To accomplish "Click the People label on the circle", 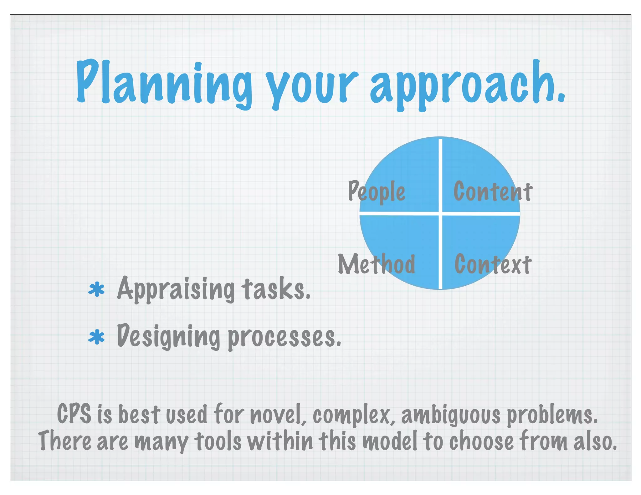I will click(377, 191).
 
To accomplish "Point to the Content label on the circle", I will click(493, 191).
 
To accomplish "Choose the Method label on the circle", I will click(377, 264).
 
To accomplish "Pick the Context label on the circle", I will click(493, 264).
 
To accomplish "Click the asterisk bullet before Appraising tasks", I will click(96, 289).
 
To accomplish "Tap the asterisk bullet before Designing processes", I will click(96, 338).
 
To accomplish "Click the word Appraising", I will click(176, 289).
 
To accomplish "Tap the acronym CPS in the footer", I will click(74, 414).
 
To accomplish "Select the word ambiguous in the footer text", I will click(451, 415).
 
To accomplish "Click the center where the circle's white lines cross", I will click(440, 213).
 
